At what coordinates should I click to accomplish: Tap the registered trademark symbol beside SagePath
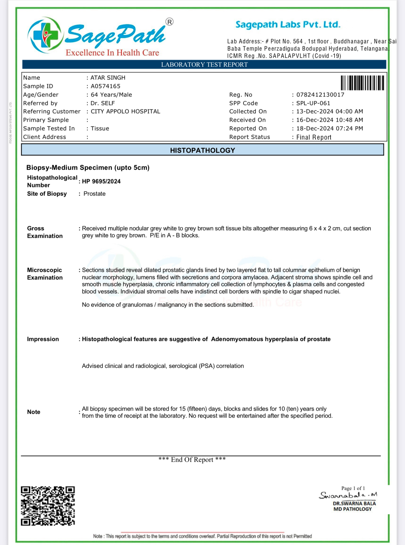[169, 22]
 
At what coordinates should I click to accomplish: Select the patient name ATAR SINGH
[108, 78]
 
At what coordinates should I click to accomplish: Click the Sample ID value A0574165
[105, 86]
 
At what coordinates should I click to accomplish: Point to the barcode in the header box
[362, 83]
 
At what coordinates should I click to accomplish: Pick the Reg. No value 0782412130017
[320, 95]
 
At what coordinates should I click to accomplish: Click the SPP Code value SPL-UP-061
[313, 103]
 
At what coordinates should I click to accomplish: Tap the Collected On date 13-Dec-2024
[314, 111]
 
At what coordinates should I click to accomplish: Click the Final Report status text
[314, 137]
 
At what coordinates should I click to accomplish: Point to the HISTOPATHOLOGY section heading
[202, 150]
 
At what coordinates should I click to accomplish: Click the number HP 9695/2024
[101, 181]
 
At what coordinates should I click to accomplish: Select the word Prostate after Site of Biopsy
[94, 194]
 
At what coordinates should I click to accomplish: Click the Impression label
[43, 339]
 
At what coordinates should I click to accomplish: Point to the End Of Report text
[192, 460]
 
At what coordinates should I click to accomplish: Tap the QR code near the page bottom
[48, 506]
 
